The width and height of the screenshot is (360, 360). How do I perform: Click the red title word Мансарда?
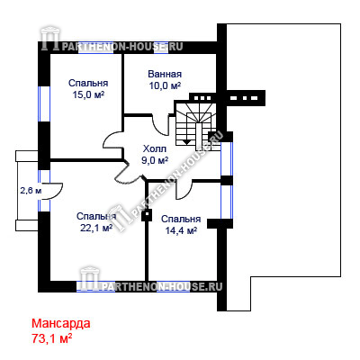click(x=61, y=324)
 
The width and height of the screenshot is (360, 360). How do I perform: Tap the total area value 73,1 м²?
click(x=51, y=339)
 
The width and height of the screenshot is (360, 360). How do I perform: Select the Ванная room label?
click(x=165, y=74)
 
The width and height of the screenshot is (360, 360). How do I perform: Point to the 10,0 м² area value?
click(x=165, y=85)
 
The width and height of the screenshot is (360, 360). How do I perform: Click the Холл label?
click(x=155, y=148)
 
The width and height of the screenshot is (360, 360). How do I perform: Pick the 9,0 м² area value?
click(x=155, y=160)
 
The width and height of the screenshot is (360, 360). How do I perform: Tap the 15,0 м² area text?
click(x=88, y=94)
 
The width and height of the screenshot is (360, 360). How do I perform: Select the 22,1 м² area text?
click(x=96, y=228)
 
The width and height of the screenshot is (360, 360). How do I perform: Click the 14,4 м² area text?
click(x=181, y=230)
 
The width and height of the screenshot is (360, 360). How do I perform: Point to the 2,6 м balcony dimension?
click(x=31, y=191)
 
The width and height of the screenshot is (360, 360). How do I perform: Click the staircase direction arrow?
click(x=187, y=141)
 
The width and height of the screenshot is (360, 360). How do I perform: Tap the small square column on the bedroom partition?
click(x=147, y=215)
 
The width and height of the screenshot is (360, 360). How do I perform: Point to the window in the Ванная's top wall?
click(x=161, y=48)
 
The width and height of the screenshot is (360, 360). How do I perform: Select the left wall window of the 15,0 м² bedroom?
click(x=44, y=103)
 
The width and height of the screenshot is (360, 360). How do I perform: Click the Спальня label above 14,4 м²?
click(x=181, y=219)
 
